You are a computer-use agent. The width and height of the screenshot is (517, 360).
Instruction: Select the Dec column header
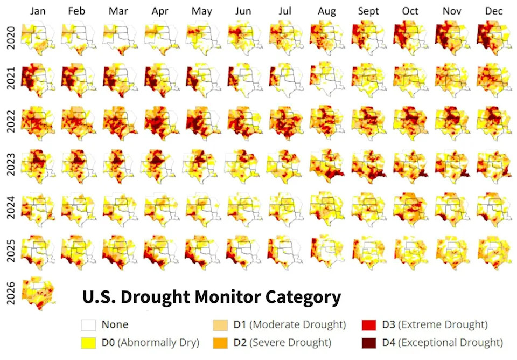[x=494, y=11]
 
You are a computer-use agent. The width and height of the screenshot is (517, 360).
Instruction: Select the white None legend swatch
[x=88, y=325]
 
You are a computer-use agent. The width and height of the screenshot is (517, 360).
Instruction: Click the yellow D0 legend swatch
[x=88, y=342]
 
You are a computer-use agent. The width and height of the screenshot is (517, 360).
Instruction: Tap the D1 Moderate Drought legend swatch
[x=220, y=325]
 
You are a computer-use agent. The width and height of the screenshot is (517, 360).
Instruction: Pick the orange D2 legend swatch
[x=220, y=342]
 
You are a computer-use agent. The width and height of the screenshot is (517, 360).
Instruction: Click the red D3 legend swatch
[x=369, y=325]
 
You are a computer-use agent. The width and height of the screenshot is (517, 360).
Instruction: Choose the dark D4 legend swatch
[x=369, y=342]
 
